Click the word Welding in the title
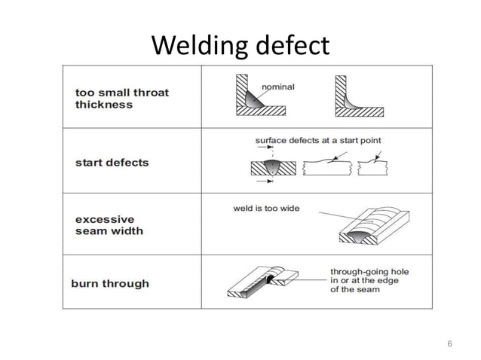196,47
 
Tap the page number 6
449,343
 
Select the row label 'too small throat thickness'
121,99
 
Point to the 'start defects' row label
112,162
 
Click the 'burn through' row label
110,284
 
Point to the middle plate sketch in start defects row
326,167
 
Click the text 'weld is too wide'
266,208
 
